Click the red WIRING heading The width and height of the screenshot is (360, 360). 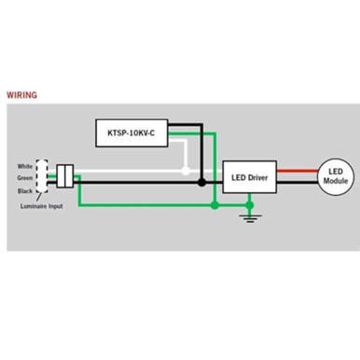coord(23,94)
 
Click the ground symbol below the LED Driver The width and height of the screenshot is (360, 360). coord(249,216)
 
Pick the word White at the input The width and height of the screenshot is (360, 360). coord(26,165)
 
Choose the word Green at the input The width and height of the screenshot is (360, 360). coord(25,177)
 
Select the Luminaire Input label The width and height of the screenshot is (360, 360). coord(40,205)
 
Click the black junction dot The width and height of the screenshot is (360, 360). coord(201,183)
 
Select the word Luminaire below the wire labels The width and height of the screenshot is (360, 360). coord(32,205)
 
